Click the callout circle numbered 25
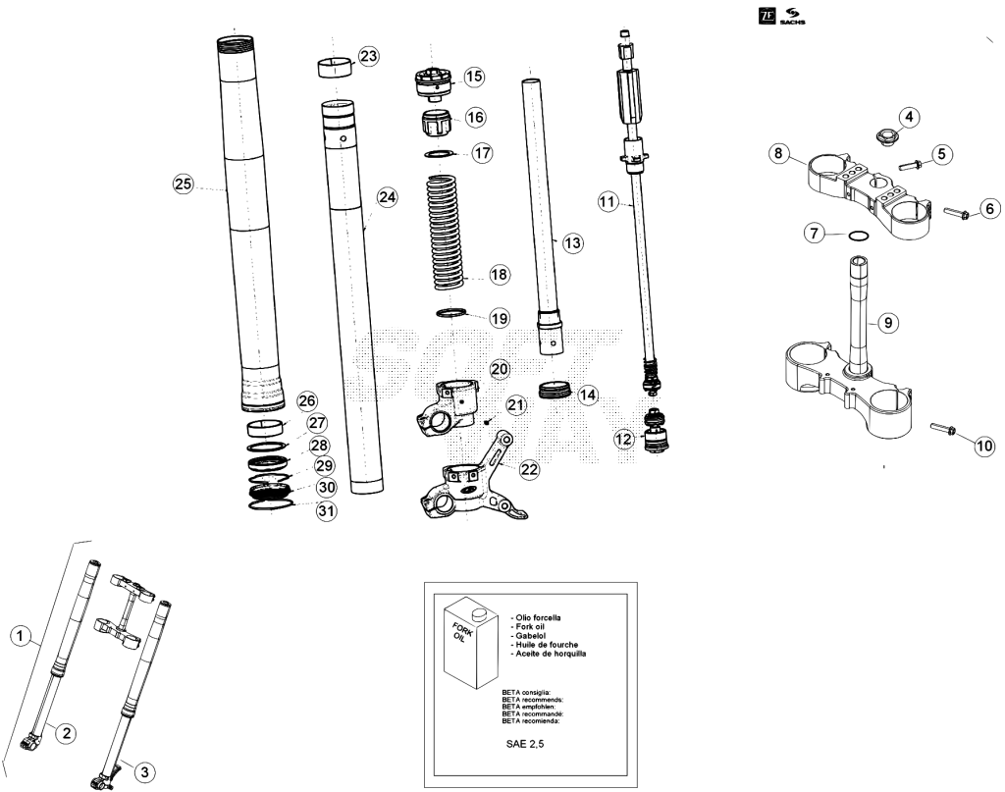pos(184,185)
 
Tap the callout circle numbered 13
pos(572,242)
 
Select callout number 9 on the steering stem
pos(887,322)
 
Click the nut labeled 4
pos(887,135)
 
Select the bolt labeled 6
pos(958,212)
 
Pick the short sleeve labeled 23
pos(336,68)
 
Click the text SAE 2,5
pos(525,744)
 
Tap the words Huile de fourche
pos(547,645)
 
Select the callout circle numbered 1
pos(21,636)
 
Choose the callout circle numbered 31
pos(327,510)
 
